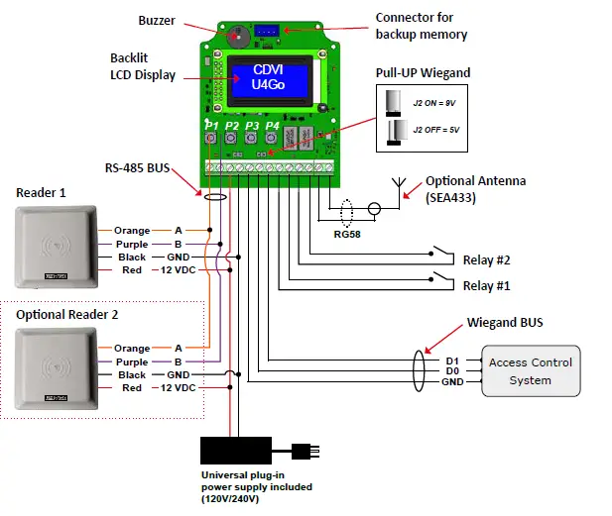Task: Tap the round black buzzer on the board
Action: coord(237,35)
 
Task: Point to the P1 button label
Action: coord(210,126)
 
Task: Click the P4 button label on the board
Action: coord(272,126)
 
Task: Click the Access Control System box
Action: coord(531,371)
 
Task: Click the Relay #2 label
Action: coord(486,260)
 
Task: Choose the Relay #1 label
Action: coord(486,285)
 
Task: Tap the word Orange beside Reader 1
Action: coord(132,231)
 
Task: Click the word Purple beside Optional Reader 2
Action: coord(132,361)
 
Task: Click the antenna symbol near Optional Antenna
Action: coord(401,185)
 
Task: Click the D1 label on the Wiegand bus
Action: coord(452,360)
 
